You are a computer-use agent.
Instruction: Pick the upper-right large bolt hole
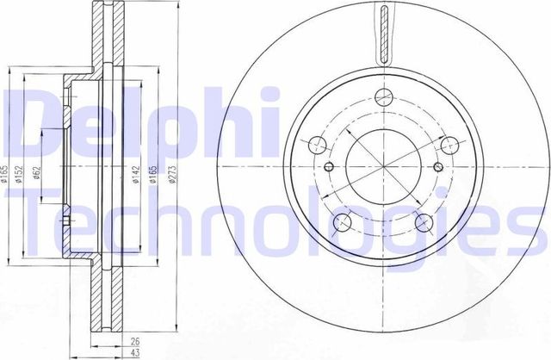[446, 144]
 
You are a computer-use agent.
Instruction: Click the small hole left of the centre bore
[328, 166]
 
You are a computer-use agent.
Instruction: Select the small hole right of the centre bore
[435, 166]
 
